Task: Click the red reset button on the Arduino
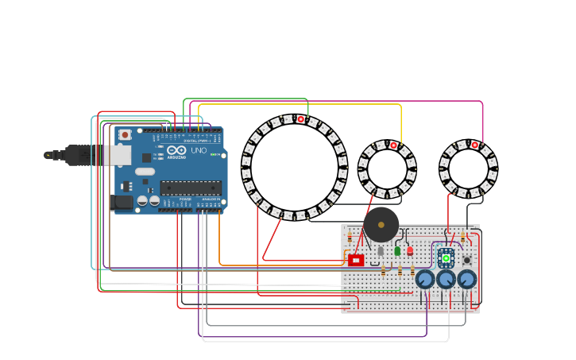(x=125, y=135)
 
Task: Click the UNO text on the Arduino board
(x=199, y=150)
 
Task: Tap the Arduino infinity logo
(x=176, y=150)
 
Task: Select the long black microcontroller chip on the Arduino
(x=190, y=188)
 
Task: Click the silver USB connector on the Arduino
(x=118, y=155)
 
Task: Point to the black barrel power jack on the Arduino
(x=122, y=202)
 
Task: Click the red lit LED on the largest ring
(x=301, y=119)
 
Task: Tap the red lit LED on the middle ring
(x=393, y=145)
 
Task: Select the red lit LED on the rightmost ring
(x=475, y=145)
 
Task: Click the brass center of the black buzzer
(x=381, y=225)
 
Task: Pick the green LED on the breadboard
(x=397, y=250)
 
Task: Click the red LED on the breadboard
(x=410, y=250)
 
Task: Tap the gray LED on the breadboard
(x=381, y=250)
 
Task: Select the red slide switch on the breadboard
(x=356, y=260)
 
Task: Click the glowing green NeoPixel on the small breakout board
(x=446, y=257)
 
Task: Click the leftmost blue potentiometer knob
(x=425, y=279)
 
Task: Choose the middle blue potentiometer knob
(x=446, y=279)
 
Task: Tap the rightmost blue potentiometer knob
(x=466, y=279)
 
